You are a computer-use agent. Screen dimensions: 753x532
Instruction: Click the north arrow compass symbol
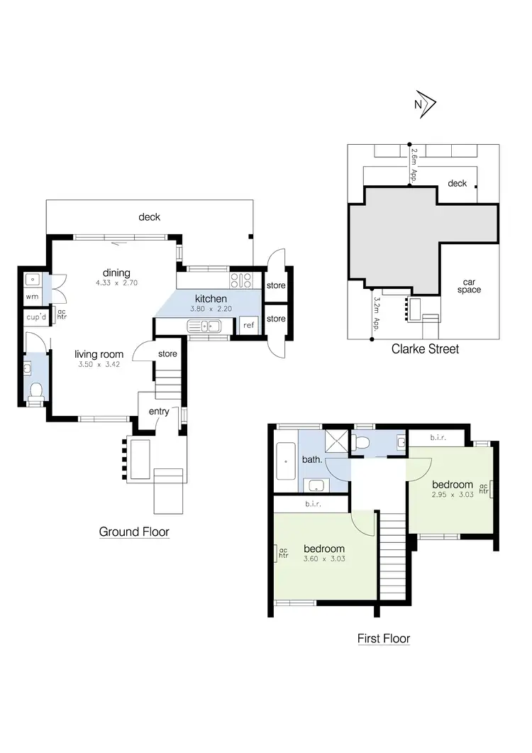[424, 104]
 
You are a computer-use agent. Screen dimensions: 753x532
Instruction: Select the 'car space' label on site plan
[469, 285]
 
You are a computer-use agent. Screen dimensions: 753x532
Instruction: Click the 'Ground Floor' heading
[134, 532]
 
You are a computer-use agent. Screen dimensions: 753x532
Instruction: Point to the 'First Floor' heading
[383, 639]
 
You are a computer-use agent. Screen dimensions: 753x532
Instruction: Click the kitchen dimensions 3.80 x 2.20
[211, 309]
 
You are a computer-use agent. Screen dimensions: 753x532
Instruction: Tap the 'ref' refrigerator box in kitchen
[248, 326]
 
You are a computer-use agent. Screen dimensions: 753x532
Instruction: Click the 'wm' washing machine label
[32, 296]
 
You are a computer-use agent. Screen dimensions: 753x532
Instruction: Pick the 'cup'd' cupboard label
[35, 317]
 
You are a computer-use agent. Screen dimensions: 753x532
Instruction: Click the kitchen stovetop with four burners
[242, 280]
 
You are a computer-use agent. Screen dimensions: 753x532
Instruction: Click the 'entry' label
[158, 412]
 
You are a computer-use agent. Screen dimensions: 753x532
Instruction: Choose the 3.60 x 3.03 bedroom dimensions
[324, 560]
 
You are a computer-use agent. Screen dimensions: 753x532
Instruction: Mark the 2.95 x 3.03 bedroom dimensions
[452, 495]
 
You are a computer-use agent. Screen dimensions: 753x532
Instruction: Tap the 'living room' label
[99, 354]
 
